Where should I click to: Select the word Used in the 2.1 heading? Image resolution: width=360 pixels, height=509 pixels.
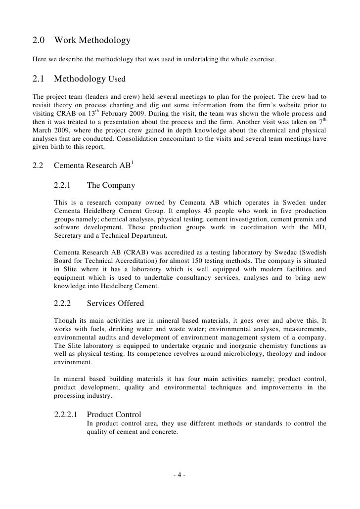[x=117, y=79]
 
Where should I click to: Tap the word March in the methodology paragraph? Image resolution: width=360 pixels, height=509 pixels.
[x=44, y=129]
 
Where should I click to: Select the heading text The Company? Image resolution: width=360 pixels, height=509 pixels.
[x=110, y=185]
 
